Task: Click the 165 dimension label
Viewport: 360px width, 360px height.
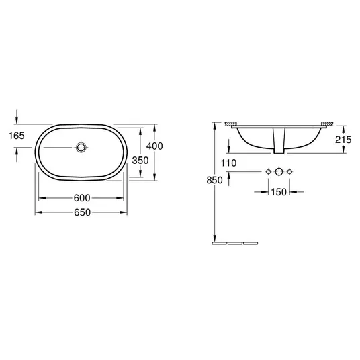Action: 17,136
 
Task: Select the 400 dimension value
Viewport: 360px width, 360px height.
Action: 154,146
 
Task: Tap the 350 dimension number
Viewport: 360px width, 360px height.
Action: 140,161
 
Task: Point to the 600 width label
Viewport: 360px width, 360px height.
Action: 82,198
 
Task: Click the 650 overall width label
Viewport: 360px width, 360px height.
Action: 82,212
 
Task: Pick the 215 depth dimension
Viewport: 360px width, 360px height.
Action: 343,140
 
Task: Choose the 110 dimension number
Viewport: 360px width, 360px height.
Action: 228,163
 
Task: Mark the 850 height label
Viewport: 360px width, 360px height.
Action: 214,180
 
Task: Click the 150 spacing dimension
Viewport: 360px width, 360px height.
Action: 279,192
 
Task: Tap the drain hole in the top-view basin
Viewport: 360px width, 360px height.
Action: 81,147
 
